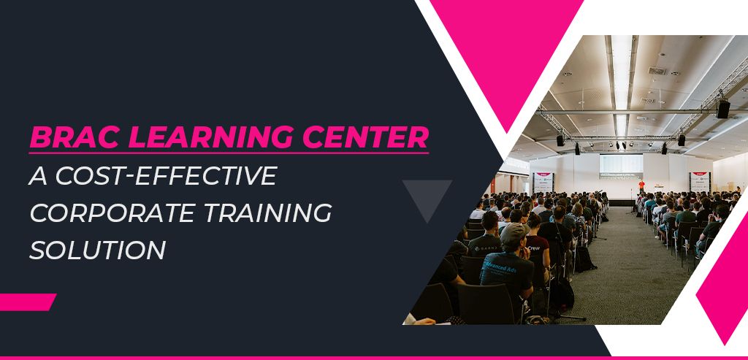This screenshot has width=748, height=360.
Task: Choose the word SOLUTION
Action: pyautogui.click(x=97, y=249)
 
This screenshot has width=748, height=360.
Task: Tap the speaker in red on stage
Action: pyautogui.click(x=641, y=186)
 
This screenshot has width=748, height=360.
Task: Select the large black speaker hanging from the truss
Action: pyautogui.click(x=722, y=109)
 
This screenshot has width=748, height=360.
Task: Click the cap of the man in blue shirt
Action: pyautogui.click(x=514, y=232)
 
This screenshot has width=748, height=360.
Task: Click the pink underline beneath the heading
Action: pyautogui.click(x=229, y=152)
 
